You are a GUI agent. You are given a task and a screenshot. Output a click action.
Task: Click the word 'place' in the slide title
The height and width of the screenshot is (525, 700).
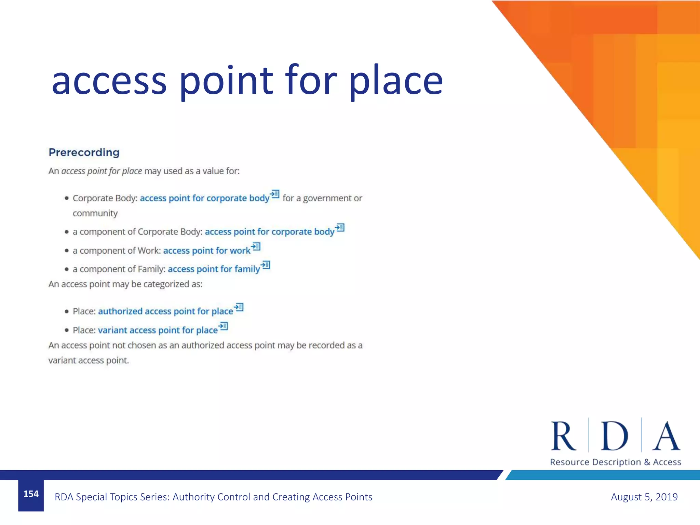click(395, 82)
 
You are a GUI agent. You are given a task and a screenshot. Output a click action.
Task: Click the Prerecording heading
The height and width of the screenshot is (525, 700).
click(84, 152)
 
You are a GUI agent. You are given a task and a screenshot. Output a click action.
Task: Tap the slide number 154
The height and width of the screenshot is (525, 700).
click(31, 494)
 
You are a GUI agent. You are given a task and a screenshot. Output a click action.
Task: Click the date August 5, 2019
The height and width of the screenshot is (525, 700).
click(644, 497)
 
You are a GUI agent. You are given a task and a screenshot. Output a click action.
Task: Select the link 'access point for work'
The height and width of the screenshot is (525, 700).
click(207, 251)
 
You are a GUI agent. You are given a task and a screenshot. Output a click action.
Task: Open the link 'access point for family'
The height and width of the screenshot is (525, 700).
click(214, 269)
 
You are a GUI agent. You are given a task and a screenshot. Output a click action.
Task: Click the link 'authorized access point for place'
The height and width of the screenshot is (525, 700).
click(165, 311)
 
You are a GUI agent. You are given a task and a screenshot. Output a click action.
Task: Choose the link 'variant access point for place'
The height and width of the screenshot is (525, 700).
click(158, 331)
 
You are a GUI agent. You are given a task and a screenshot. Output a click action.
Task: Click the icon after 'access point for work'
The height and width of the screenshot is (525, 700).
click(256, 246)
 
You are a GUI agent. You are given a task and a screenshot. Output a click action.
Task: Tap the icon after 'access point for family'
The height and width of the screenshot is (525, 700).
click(266, 265)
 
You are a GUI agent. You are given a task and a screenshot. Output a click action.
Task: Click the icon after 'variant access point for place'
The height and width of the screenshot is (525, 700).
click(223, 326)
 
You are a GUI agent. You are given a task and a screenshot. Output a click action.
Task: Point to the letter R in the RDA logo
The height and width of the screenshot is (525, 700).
click(563, 436)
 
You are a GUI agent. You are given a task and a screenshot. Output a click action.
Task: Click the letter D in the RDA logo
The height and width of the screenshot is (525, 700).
click(615, 436)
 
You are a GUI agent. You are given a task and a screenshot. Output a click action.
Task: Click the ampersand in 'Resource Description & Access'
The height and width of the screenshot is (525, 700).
click(647, 462)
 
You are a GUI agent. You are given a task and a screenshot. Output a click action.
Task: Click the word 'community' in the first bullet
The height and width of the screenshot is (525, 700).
click(95, 214)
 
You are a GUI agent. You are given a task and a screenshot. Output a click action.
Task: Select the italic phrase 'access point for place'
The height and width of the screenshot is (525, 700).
click(102, 171)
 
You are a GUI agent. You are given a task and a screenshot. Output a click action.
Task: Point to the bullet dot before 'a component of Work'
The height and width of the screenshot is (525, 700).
click(67, 251)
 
